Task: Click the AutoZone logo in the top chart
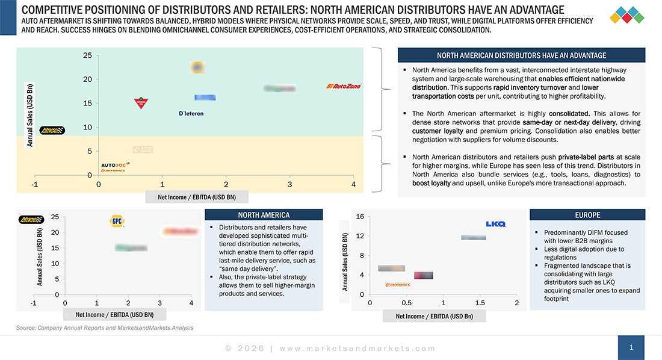344,86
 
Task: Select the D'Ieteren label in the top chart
191,113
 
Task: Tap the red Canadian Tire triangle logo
141,103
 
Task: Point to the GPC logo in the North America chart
117,221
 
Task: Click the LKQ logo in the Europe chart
495,224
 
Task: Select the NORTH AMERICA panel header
264,215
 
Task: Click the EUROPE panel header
587,215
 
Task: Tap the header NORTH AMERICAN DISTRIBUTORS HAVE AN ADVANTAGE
521,55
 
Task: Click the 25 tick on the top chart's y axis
87,55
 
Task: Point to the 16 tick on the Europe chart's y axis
360,217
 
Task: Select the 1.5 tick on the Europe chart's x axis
480,302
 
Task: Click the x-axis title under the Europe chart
433,316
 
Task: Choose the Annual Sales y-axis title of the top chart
29,115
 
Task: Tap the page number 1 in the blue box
631,347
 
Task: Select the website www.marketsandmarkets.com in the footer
357,348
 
